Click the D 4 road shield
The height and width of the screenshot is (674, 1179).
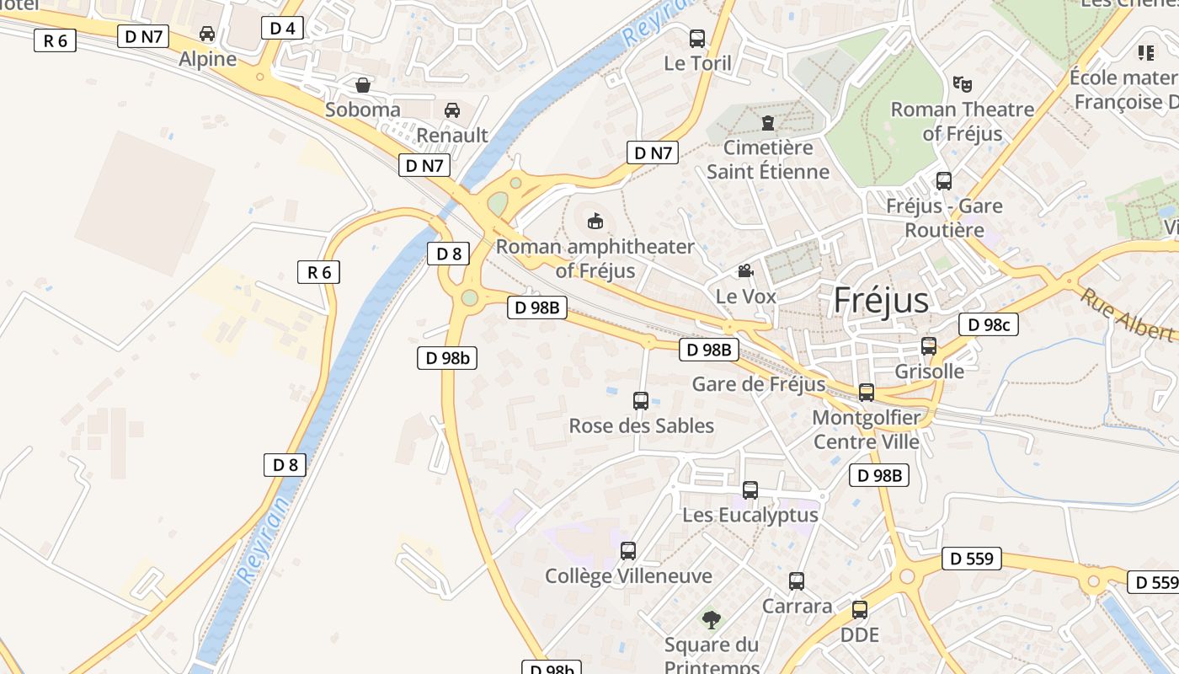pyautogui.click(x=283, y=28)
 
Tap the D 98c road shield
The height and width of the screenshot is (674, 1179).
pyautogui.click(x=989, y=324)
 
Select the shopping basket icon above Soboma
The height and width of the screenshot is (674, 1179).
pyautogui.click(x=363, y=85)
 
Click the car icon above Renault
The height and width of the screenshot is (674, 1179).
pyautogui.click(x=452, y=110)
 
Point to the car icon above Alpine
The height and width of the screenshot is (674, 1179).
pyautogui.click(x=207, y=34)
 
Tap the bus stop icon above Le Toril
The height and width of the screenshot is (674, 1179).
pyautogui.click(x=697, y=38)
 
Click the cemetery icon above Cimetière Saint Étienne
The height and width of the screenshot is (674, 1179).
pyautogui.click(x=768, y=123)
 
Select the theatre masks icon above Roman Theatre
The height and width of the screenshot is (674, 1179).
pyautogui.click(x=963, y=84)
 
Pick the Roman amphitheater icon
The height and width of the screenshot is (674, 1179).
pyautogui.click(x=595, y=222)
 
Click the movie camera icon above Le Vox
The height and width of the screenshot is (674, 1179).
pyautogui.click(x=745, y=271)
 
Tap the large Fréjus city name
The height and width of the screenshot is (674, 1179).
pyautogui.click(x=881, y=301)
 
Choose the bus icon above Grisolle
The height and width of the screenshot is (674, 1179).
pyautogui.click(x=929, y=346)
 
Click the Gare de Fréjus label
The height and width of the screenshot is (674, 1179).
pyautogui.click(x=759, y=384)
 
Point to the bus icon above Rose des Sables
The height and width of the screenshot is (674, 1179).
pyautogui.click(x=641, y=401)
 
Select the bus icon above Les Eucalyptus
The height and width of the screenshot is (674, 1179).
pyautogui.click(x=750, y=489)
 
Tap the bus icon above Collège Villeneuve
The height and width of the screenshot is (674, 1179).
pyautogui.click(x=628, y=551)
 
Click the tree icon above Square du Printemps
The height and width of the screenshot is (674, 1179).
pyautogui.click(x=712, y=620)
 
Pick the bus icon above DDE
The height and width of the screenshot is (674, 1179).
pyautogui.click(x=860, y=610)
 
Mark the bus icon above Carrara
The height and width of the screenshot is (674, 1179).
pyautogui.click(x=797, y=581)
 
